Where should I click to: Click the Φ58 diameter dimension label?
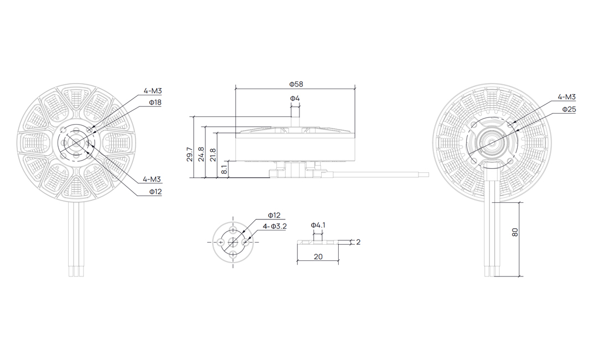pyautogui.click(x=296, y=84)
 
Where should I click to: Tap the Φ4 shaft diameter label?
pyautogui.click(x=295, y=99)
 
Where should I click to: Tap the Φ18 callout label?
pyautogui.click(x=156, y=102)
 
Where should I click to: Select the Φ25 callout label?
pyautogui.click(x=569, y=109)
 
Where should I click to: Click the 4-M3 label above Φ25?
pyautogui.click(x=567, y=97)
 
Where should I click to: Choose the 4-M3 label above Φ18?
pyautogui.click(x=153, y=91)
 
